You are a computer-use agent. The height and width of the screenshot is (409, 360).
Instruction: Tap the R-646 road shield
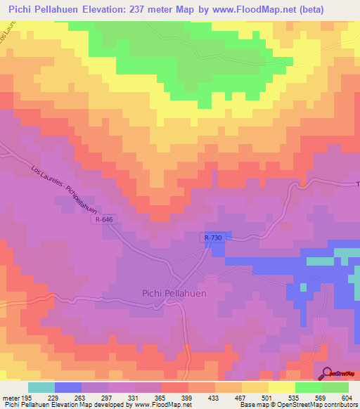(x=102, y=220)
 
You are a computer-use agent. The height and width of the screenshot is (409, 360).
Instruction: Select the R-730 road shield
(x=213, y=238)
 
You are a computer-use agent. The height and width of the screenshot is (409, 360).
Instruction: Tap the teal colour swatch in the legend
(x=41, y=387)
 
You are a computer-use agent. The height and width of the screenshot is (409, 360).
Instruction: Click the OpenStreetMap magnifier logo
(x=326, y=374)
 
